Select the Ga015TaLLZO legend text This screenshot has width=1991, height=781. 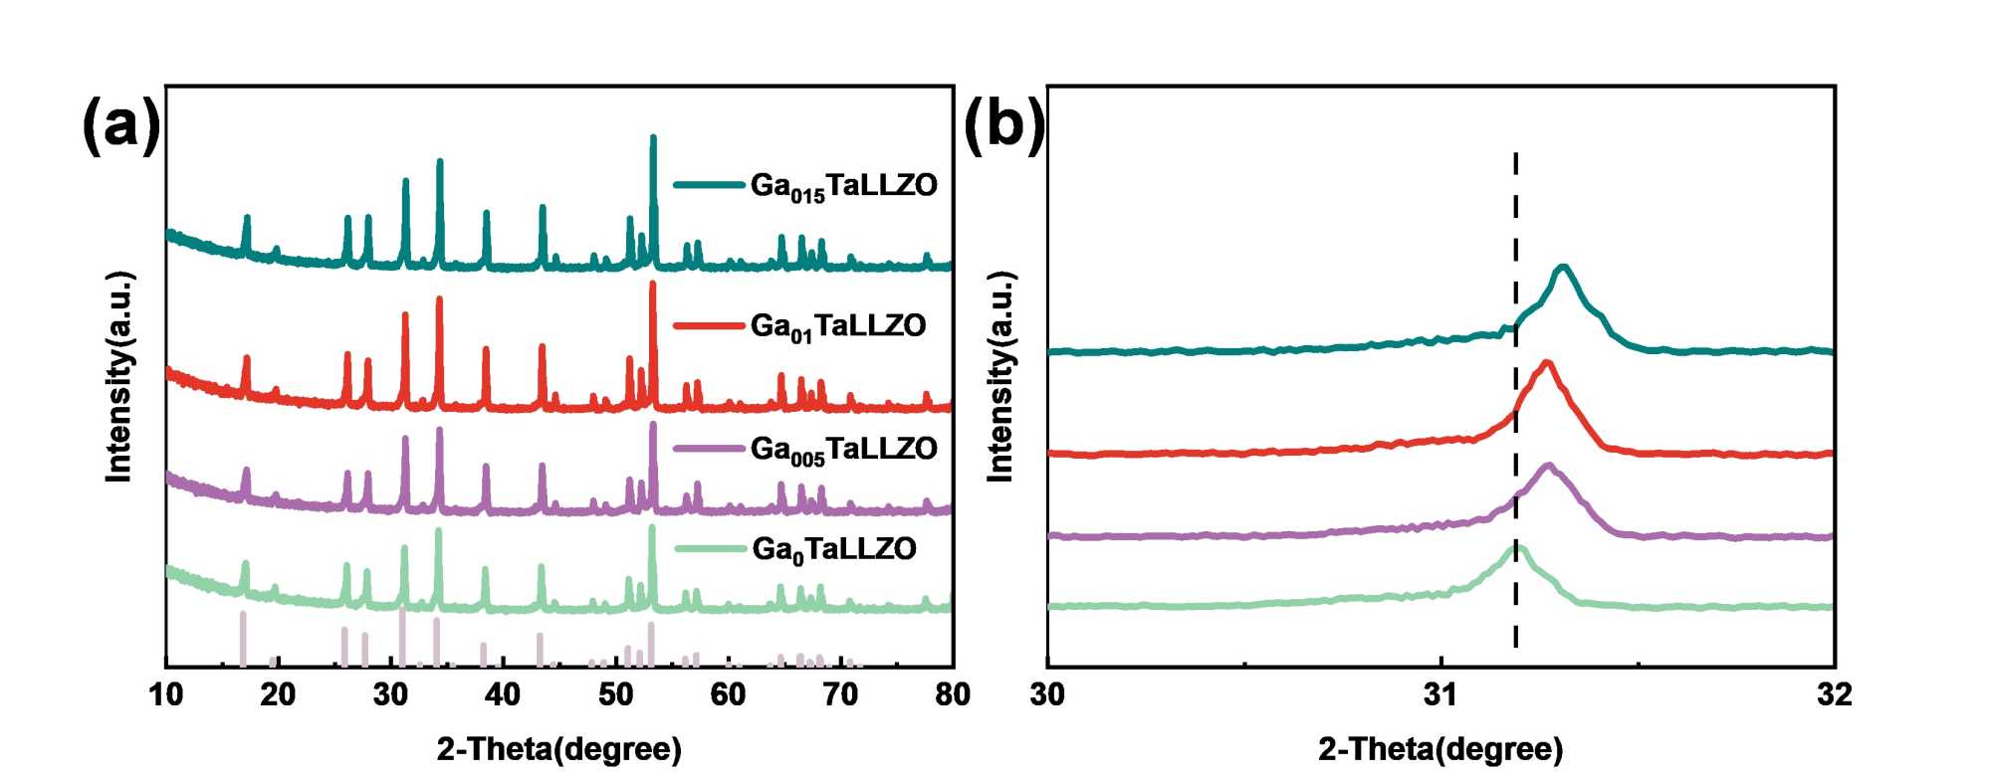pyautogui.click(x=843, y=186)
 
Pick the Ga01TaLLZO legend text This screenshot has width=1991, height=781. pyautogui.click(x=838, y=326)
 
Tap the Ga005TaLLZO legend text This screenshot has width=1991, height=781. pyautogui.click(x=843, y=450)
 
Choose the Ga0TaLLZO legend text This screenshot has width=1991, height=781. pyautogui.click(x=833, y=550)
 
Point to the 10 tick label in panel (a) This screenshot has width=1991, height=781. pyautogui.click(x=166, y=694)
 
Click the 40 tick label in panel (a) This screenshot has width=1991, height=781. pyautogui.click(x=504, y=694)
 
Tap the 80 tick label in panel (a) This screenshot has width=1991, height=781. pyautogui.click(x=953, y=694)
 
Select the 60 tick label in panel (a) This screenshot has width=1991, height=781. pyautogui.click(x=728, y=694)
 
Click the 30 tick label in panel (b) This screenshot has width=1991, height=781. pyautogui.click(x=1048, y=694)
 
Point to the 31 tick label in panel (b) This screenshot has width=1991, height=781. pyautogui.click(x=1440, y=694)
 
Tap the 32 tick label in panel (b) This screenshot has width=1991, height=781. pyautogui.click(x=1834, y=694)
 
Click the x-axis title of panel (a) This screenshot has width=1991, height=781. pyautogui.click(x=558, y=749)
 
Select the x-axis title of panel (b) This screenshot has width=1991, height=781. pyautogui.click(x=1440, y=749)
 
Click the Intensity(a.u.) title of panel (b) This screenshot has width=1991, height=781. pyautogui.click(x=1000, y=376)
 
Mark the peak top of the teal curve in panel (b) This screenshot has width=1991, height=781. pyautogui.click(x=1563, y=267)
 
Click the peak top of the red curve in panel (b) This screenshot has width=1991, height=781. pyautogui.click(x=1547, y=362)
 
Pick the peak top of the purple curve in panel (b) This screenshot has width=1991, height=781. pyautogui.click(x=1548, y=465)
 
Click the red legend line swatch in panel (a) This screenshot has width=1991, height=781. pyautogui.click(x=709, y=325)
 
